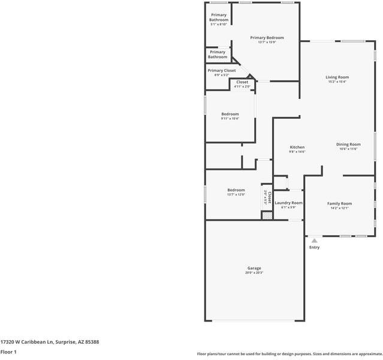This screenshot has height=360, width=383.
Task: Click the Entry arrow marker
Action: tap(314, 241)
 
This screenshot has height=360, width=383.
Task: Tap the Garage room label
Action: tap(254, 268)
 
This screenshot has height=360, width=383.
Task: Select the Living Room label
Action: tap(337, 77)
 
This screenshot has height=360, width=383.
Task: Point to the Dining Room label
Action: tap(348, 144)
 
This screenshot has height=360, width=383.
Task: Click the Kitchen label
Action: tap(297, 147)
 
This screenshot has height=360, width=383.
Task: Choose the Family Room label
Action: tap(339, 203)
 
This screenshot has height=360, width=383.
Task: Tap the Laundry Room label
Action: tap(288, 203)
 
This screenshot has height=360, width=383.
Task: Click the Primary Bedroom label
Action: tap(267, 38)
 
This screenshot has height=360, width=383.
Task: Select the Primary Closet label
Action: tap(222, 70)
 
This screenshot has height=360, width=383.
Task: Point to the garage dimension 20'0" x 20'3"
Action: tap(254, 273)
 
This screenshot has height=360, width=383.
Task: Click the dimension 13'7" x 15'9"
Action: tap(267, 42)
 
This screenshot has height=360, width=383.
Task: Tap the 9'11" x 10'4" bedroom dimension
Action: tap(230, 119)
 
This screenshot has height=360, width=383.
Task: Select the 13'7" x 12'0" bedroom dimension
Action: tap(236, 194)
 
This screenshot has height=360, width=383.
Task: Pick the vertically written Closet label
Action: tap(270, 197)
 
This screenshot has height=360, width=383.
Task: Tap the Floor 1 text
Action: tap(8, 352)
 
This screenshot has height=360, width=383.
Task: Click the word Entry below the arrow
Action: tap(314, 247)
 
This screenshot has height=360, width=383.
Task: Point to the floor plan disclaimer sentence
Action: tap(289, 353)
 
